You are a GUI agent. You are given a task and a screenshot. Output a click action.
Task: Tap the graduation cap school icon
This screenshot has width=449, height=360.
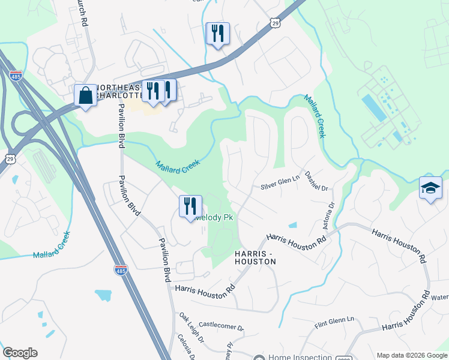(430, 188)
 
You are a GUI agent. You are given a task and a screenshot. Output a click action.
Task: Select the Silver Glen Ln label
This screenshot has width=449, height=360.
(279, 187)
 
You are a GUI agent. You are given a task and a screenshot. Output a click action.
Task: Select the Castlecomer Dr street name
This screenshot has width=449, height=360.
(221, 328)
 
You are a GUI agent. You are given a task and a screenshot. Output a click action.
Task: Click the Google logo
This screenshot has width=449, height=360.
(20, 353)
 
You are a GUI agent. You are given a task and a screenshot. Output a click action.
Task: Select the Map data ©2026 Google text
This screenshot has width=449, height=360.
(412, 355)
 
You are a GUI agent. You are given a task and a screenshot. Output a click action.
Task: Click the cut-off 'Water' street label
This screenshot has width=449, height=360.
(439, 297)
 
